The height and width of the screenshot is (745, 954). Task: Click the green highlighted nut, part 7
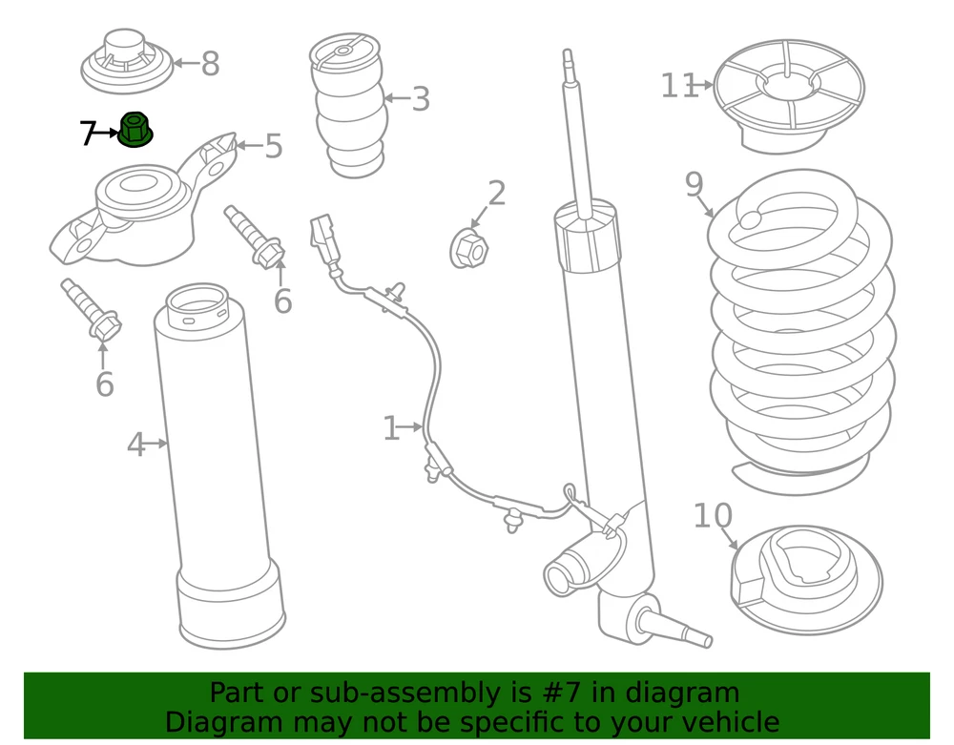(135, 130)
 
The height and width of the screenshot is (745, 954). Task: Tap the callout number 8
(210, 65)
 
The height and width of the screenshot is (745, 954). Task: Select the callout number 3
(421, 98)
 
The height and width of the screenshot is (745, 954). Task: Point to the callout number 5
(274, 147)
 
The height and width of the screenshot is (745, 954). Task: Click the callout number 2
(496, 193)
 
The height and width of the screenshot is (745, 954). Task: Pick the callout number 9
(694, 184)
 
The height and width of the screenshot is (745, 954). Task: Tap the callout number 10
(712, 516)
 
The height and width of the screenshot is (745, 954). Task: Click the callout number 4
(135, 444)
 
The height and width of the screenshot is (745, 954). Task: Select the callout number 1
(390, 428)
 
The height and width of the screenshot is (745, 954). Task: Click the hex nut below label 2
(468, 250)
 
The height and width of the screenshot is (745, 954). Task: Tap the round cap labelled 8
(126, 59)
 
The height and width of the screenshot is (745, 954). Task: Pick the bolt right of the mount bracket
(254, 236)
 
